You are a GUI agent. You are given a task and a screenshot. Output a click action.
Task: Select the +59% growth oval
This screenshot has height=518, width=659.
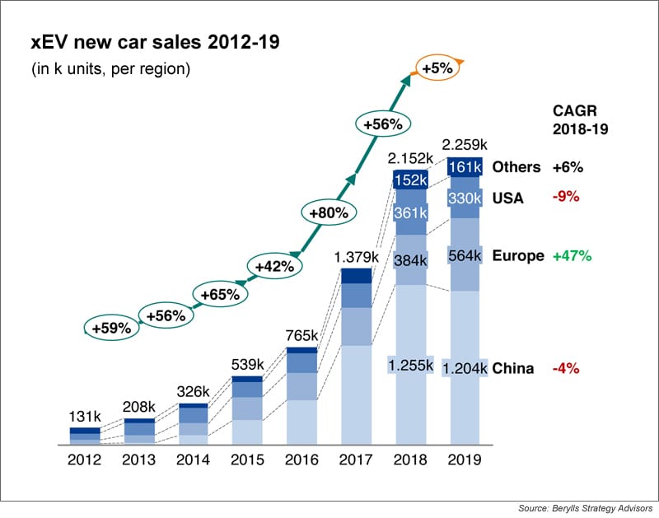(111, 327)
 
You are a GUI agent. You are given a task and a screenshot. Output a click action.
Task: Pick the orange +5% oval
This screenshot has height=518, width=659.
(437, 69)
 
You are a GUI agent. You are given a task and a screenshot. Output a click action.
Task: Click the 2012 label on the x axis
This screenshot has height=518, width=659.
(84, 460)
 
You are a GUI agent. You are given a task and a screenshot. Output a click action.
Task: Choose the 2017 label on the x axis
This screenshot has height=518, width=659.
(356, 460)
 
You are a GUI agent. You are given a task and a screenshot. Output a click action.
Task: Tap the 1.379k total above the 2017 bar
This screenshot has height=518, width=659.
(356, 258)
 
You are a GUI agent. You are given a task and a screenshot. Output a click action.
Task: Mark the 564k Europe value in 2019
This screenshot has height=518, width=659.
(465, 255)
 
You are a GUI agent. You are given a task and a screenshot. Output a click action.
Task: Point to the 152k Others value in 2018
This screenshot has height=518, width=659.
(410, 180)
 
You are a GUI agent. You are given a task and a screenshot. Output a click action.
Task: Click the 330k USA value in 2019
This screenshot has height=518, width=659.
(465, 198)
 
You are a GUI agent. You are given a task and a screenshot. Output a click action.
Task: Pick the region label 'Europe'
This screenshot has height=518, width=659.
(518, 255)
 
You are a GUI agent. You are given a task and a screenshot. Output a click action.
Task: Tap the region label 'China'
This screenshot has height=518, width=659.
(513, 368)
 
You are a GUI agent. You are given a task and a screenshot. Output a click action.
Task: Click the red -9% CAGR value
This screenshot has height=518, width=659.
(567, 197)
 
